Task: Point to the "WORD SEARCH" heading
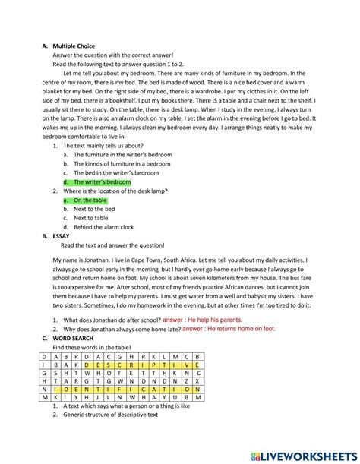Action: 74,338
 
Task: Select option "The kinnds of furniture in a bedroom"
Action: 122,163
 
